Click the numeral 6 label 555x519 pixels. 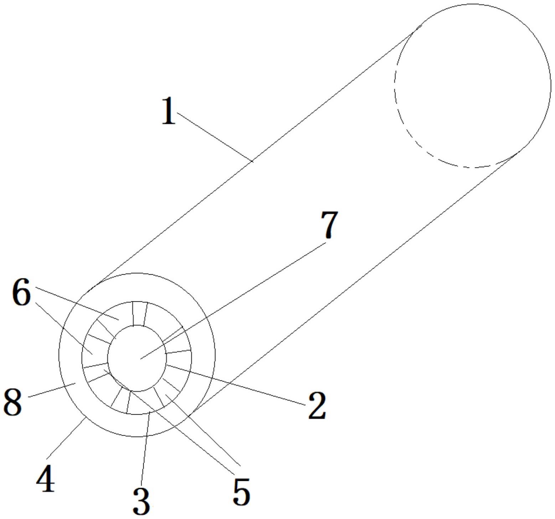[x=21, y=292]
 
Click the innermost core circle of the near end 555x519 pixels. [x=137, y=358]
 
